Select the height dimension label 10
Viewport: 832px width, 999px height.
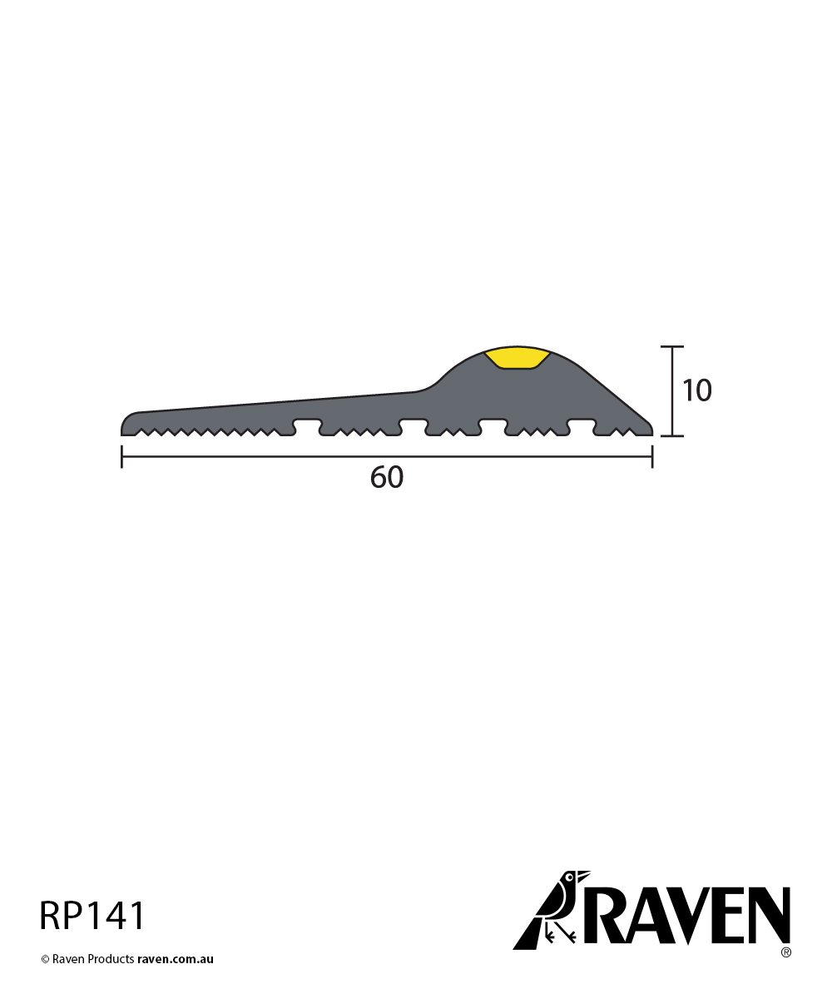pyautogui.click(x=697, y=390)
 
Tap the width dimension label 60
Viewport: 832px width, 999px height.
pyautogui.click(x=387, y=478)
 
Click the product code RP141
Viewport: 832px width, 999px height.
pyautogui.click(x=92, y=916)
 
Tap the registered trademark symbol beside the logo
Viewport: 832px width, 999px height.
pyautogui.click(x=785, y=952)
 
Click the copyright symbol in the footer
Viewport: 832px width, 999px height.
pyautogui.click(x=46, y=959)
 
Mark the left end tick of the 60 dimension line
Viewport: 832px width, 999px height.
pyautogui.click(x=122, y=456)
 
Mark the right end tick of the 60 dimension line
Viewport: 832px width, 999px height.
pyautogui.click(x=652, y=456)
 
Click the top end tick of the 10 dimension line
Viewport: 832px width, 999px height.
pyautogui.click(x=672, y=346)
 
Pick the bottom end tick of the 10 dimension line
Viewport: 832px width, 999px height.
pyautogui.click(x=672, y=435)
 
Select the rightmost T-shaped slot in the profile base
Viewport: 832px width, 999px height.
pyautogui.click(x=581, y=425)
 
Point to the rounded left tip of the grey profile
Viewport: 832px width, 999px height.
pyautogui.click(x=126, y=422)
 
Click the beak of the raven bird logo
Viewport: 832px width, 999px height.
pyautogui.click(x=584, y=875)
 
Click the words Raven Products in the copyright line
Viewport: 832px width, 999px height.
pyautogui.click(x=93, y=959)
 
